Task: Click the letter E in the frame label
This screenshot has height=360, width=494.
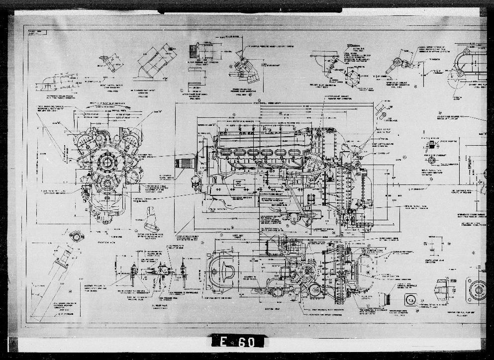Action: [222, 342]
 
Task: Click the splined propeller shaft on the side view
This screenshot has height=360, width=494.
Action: [185, 163]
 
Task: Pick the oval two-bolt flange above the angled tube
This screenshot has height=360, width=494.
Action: [75, 236]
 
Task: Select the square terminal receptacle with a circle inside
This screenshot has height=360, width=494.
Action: [410, 300]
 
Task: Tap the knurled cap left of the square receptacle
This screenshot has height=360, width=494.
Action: [384, 299]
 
